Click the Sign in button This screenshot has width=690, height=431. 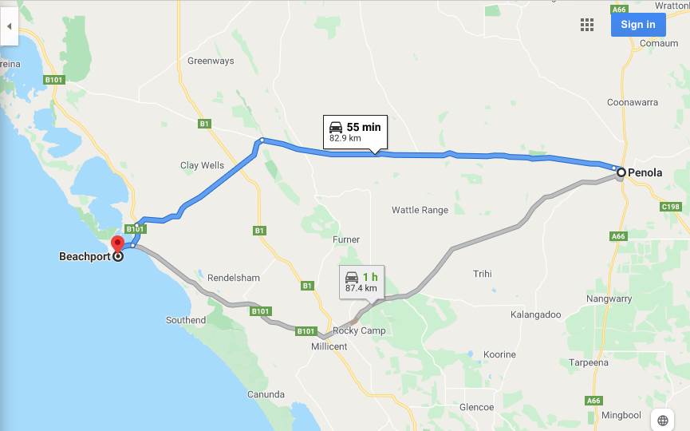pyautogui.click(x=637, y=24)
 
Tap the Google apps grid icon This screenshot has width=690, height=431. pyautogui.click(x=587, y=25)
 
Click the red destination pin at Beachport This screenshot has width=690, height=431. pyautogui.click(x=118, y=245)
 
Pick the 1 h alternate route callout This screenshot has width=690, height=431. pyautogui.click(x=361, y=282)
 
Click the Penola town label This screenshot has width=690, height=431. pyautogui.click(x=645, y=172)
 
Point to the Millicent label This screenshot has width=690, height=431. pyautogui.click(x=329, y=346)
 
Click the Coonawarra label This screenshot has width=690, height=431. pyautogui.click(x=633, y=102)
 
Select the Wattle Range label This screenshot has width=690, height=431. pyautogui.click(x=420, y=210)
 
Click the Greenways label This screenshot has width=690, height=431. pyautogui.click(x=211, y=60)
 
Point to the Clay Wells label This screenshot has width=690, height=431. pyautogui.click(x=202, y=165)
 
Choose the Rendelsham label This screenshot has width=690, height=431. pyautogui.click(x=234, y=278)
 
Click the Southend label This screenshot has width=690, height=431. pyautogui.click(x=186, y=320)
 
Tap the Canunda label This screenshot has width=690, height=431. pyautogui.click(x=266, y=394)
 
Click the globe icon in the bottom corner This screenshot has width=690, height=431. pyautogui.click(x=663, y=420)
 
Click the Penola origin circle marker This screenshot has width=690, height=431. pyautogui.click(x=621, y=171)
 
